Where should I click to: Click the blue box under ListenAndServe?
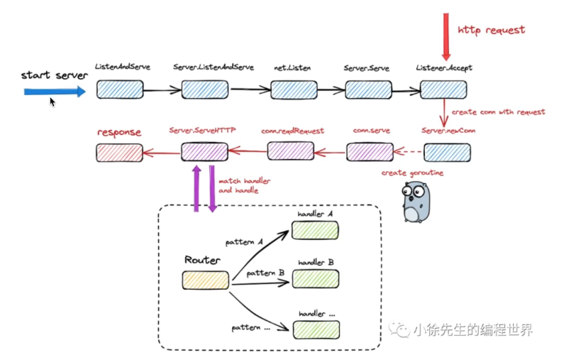(120, 89)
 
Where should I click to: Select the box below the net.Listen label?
(294, 89)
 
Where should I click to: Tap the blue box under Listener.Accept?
(443, 89)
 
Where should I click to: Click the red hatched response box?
(119, 153)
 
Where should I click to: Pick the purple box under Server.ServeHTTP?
(204, 151)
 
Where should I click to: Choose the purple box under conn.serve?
(370, 151)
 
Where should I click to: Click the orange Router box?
(206, 280)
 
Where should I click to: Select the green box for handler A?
(315, 230)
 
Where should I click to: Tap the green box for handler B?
(316, 279)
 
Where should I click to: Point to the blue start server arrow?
(55, 92)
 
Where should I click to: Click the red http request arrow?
(446, 37)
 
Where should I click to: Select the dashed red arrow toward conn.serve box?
(408, 151)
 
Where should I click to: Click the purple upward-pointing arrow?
(197, 189)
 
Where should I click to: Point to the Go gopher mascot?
(416, 202)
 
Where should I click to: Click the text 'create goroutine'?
(412, 173)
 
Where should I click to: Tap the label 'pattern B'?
(265, 273)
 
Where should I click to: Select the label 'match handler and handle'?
(244, 185)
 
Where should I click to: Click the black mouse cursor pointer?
(52, 102)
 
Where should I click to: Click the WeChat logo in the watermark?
(399, 329)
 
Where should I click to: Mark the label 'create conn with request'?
(498, 112)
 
